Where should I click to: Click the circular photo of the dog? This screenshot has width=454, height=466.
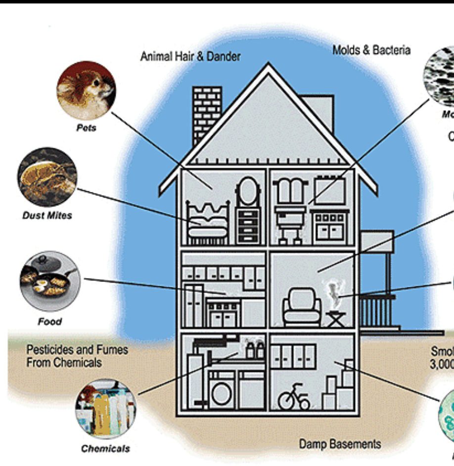86,91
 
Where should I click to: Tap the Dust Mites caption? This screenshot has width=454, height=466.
47,216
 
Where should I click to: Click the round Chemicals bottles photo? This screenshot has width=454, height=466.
105,409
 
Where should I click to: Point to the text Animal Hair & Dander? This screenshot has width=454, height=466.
190,56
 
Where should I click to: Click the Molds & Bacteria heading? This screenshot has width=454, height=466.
371,50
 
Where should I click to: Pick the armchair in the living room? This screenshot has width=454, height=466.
301,308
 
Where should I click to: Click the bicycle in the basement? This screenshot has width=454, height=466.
294,398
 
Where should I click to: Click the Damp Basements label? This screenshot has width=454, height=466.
340,444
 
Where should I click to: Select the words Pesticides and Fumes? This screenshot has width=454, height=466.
77,350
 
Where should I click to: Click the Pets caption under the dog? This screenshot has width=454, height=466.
86,128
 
